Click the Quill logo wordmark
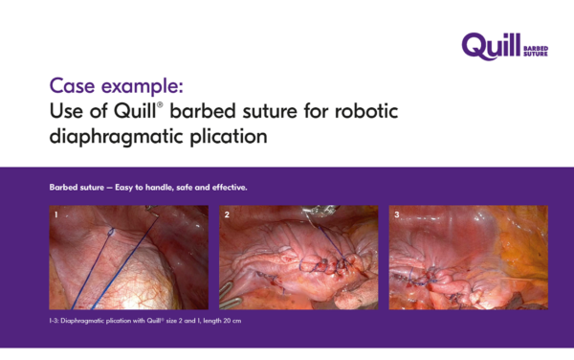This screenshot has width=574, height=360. pyautogui.click(x=491, y=46)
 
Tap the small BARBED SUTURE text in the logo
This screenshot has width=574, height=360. pyautogui.click(x=536, y=51)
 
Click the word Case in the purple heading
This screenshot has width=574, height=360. pyautogui.click(x=72, y=86)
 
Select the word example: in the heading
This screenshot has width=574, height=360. pyautogui.click(x=142, y=87)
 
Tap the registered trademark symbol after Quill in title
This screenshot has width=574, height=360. pyautogui.click(x=160, y=104)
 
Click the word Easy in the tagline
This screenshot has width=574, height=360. pyautogui.click(x=123, y=188)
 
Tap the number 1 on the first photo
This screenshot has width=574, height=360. pyautogui.click(x=56, y=214)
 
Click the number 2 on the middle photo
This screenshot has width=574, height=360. pyautogui.click(x=227, y=214)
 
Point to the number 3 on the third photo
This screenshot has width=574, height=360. pyautogui.click(x=396, y=214)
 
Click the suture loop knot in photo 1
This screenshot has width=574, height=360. pyautogui.click(x=111, y=232)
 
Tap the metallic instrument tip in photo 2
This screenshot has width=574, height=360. pyautogui.click(x=320, y=211)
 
